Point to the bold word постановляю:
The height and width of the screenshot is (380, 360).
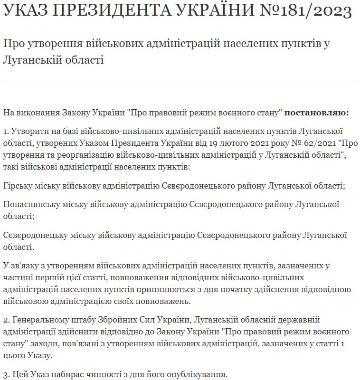pos(317,113)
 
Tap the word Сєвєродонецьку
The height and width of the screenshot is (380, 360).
pos(32,235)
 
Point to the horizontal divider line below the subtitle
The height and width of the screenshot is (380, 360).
pos(180,80)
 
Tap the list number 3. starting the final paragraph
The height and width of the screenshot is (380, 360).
pos(6,374)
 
